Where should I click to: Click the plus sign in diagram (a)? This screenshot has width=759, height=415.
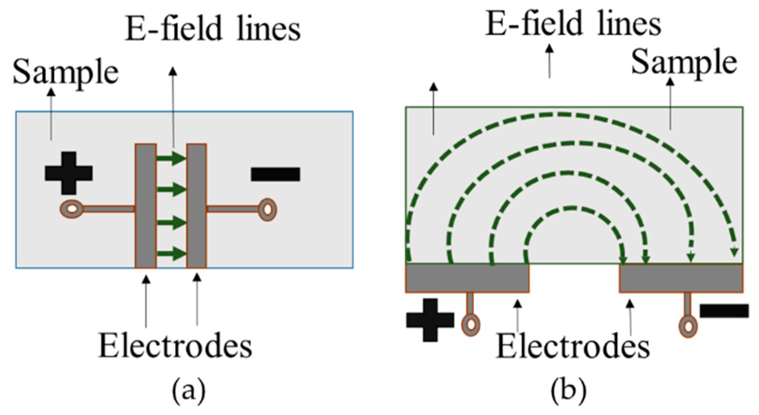tap(69, 173)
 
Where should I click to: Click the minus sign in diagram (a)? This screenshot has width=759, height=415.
tap(276, 174)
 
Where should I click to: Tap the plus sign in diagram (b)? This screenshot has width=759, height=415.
tap(430, 320)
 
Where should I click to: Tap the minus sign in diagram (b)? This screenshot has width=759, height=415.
tap(724, 311)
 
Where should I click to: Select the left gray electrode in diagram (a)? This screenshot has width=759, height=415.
tap(145, 206)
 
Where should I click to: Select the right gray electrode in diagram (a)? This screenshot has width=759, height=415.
tap(196, 206)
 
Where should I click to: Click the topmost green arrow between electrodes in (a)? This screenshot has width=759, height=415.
tap(171, 158)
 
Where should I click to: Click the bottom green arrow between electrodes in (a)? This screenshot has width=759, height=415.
tap(171, 253)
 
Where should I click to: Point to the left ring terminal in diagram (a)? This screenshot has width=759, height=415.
tap(72, 209)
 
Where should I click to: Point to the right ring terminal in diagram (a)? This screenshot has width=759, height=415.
tap(268, 209)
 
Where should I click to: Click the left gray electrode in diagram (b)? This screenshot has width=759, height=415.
tap(467, 278)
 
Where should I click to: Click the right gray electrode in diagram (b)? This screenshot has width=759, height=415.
tap(681, 278)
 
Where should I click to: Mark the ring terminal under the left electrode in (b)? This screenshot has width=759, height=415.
tap(471, 325)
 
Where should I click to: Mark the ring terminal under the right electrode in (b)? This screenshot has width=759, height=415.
tap(688, 327)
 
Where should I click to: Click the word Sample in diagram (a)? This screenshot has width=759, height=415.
tap(66, 73)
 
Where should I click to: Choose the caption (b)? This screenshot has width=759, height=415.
tap(568, 390)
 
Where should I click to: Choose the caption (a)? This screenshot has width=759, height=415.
tap(189, 390)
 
